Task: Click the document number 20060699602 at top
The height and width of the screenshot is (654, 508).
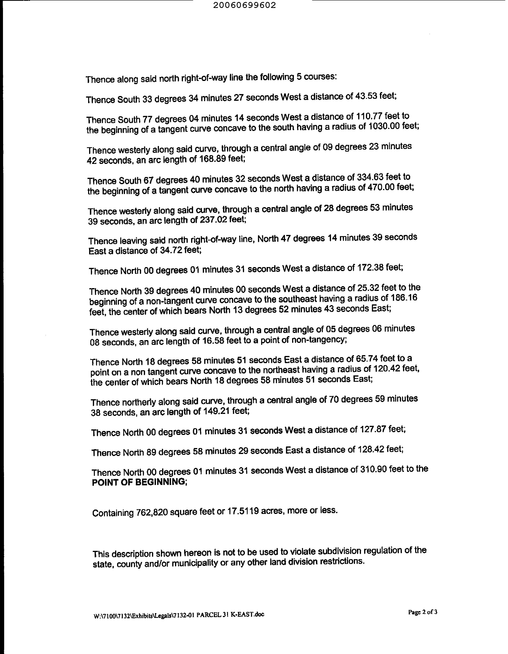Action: point(245,5)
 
